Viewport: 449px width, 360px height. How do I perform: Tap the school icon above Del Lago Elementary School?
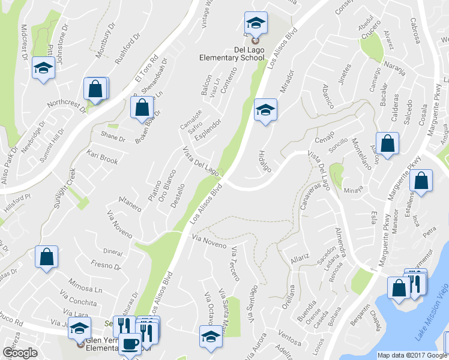point(256,24)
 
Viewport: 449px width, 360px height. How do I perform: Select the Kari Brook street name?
point(102,158)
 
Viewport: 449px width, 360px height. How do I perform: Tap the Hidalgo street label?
point(265,160)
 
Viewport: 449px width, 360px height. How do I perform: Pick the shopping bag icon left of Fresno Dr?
point(46,257)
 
